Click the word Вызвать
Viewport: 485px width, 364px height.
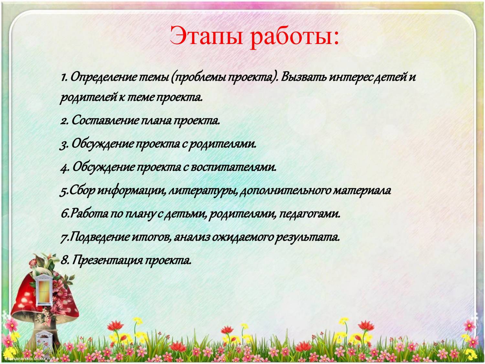304,77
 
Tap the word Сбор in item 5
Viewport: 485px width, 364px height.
82,191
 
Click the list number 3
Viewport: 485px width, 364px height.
64,145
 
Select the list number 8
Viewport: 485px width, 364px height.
64,260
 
